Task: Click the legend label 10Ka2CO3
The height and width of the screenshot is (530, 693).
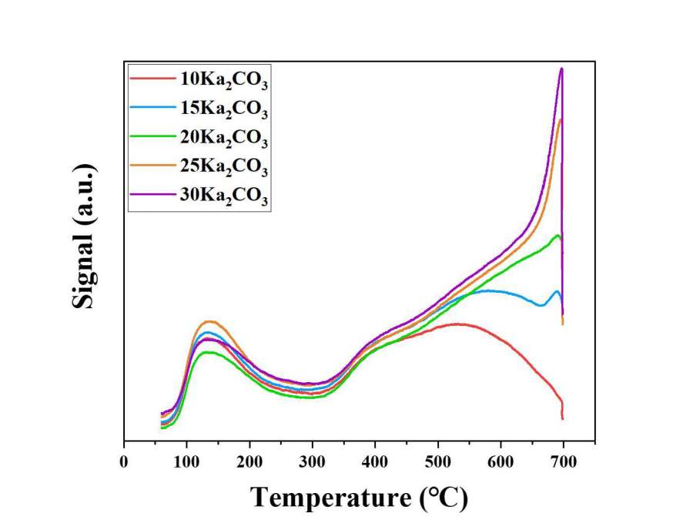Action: [x=223, y=79]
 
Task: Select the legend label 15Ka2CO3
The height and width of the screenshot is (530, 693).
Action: [x=223, y=109]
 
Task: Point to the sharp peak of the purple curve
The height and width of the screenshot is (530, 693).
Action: [x=562, y=69]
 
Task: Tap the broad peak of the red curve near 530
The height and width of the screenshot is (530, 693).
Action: [x=458, y=324]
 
